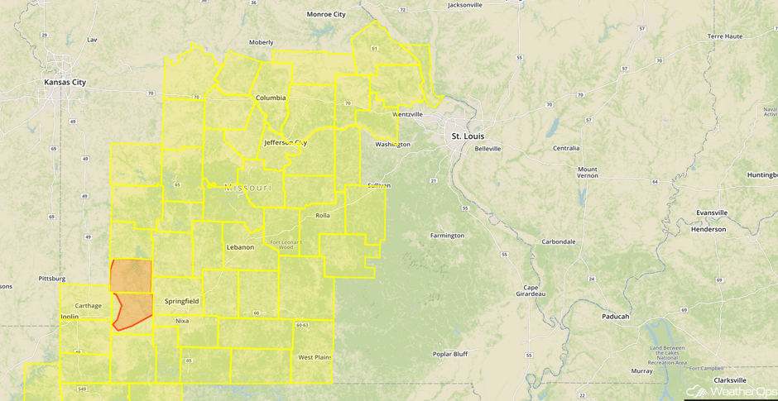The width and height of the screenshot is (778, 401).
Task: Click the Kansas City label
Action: pos(65,83)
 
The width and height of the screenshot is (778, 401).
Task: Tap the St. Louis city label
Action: pos(468,136)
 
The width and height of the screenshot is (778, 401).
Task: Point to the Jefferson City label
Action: pos(285,142)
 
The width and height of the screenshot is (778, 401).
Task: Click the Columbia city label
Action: pos(270,98)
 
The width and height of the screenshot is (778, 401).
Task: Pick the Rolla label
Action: pos(322,215)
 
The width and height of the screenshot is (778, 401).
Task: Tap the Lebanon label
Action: pos(240,247)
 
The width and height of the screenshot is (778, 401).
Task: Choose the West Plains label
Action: pos(314,357)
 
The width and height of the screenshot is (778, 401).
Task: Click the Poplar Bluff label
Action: pos(450,354)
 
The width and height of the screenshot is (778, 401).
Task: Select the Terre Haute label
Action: pos(726,37)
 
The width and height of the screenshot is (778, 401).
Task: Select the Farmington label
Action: pos(447,236)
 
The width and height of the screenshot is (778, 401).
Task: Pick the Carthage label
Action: pos(88,306)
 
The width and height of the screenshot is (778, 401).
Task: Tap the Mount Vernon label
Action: pos(587,173)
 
